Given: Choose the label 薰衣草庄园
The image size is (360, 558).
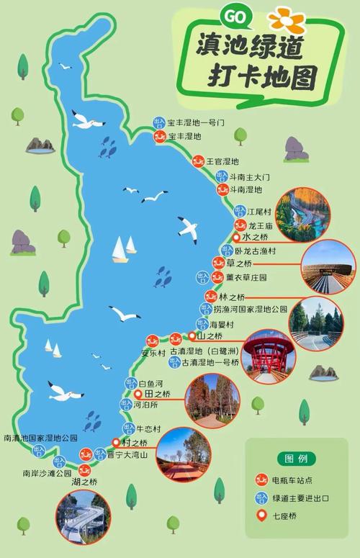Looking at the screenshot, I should (246, 277).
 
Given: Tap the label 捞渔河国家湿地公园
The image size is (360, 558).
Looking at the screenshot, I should (250, 308).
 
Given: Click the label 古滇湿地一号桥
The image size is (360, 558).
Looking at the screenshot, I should (210, 363).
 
